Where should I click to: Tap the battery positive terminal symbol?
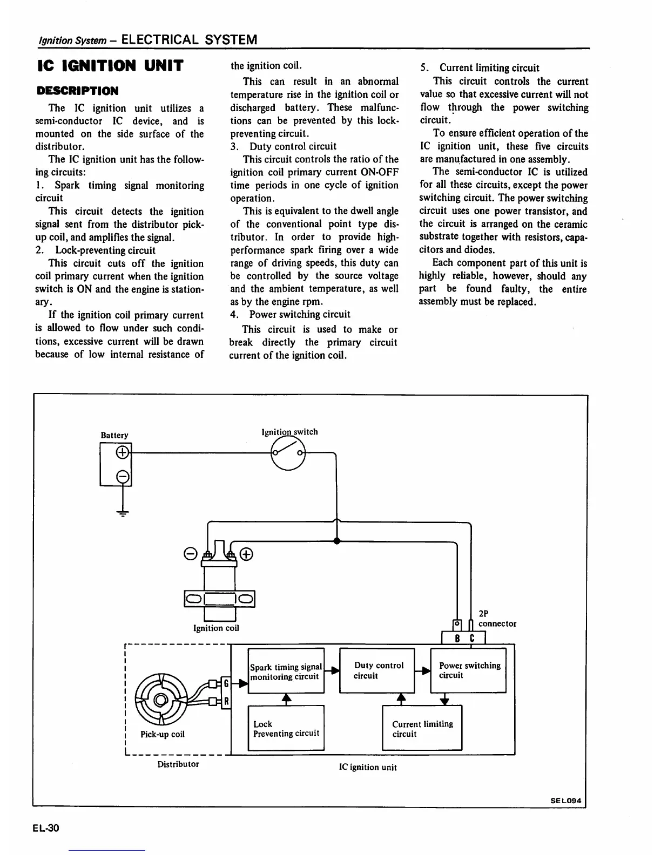point(123,452)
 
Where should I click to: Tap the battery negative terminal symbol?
point(123,476)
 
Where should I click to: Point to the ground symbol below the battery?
point(123,513)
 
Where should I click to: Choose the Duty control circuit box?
point(377,670)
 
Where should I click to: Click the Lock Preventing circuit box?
point(286,728)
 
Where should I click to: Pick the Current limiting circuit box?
point(422,728)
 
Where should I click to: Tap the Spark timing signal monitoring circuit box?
point(286,671)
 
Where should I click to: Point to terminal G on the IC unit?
point(227,684)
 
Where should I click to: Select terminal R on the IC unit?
point(227,701)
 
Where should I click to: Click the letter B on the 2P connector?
point(457,639)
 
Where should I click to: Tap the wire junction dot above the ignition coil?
point(336,540)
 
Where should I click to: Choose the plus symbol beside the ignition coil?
point(246,554)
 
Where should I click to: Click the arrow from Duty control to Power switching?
point(423,670)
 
